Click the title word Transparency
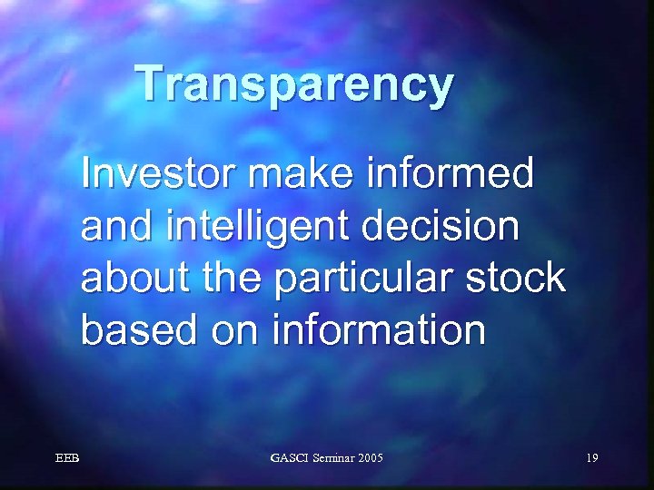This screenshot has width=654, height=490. click(x=295, y=85)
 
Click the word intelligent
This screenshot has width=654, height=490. click(x=262, y=227)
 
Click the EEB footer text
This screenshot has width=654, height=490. click(x=67, y=458)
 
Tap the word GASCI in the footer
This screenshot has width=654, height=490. click(x=289, y=458)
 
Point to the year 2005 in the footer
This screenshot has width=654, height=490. click(x=371, y=458)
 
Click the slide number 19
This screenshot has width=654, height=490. click(x=591, y=458)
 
